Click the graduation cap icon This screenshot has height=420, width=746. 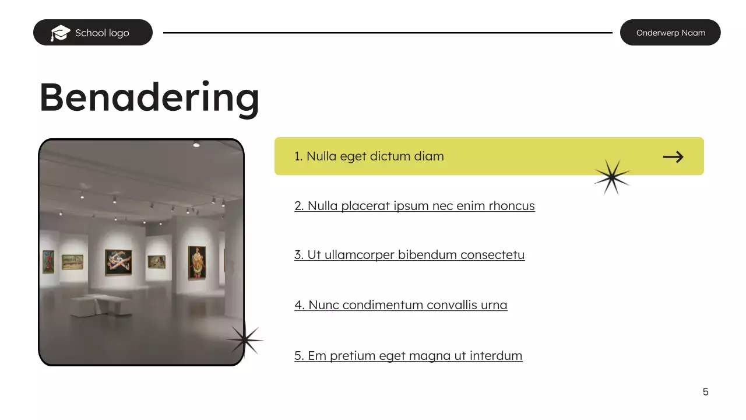60,33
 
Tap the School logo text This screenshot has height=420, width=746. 102,33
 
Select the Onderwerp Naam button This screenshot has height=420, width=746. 670,33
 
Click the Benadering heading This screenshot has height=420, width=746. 149,97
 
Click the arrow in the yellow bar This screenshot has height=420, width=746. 673,156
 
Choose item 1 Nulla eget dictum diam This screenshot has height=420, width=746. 369,156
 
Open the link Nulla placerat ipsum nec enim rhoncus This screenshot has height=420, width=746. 414,206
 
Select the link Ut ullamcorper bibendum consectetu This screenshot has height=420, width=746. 409,255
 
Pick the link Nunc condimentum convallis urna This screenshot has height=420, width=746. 400,305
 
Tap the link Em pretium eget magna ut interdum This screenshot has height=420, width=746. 408,356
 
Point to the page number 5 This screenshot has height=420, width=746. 705,392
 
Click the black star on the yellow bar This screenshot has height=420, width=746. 612,177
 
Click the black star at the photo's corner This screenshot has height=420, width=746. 245,339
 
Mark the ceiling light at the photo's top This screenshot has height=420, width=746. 196,145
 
